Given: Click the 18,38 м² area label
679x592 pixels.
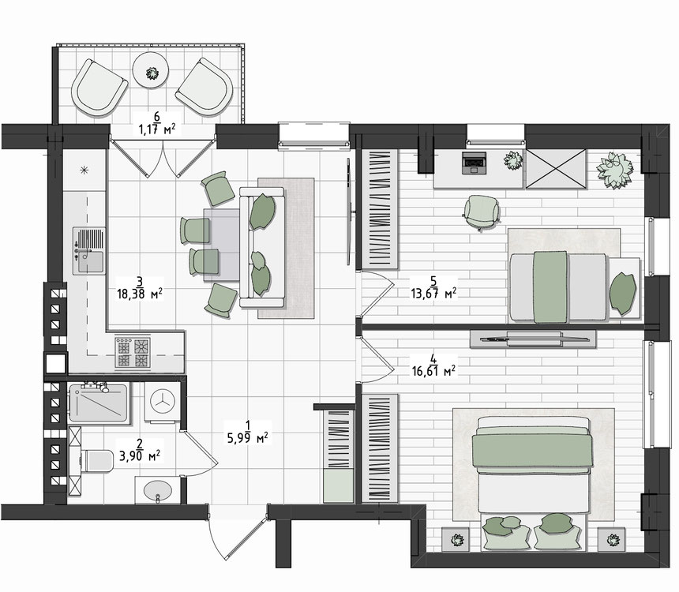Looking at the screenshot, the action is (x=140, y=294).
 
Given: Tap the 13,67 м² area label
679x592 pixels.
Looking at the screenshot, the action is (x=433, y=293).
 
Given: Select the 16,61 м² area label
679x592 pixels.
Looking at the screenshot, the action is (x=433, y=371).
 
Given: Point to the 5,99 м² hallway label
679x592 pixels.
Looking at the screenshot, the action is (x=248, y=438).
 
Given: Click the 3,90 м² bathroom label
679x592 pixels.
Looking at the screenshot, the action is (x=140, y=456).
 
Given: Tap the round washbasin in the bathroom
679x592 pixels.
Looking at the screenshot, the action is (x=158, y=492).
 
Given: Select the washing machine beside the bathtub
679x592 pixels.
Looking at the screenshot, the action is (x=163, y=402).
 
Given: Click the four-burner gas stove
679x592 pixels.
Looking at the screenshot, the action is (x=133, y=353).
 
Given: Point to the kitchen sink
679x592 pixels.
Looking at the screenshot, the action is (x=88, y=250).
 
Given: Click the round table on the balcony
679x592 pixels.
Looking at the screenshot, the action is (x=150, y=70).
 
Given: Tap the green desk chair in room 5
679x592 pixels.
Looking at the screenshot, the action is (x=482, y=212).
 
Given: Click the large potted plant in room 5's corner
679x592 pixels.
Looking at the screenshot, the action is (x=614, y=170).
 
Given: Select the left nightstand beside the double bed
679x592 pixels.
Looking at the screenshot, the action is (x=456, y=539).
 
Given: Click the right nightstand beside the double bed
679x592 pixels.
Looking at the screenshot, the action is (x=611, y=539).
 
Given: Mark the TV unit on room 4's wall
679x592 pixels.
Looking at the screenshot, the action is (x=533, y=339).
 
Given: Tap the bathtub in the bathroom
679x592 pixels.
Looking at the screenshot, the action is (x=99, y=403).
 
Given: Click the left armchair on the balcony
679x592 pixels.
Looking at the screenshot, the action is (x=99, y=88).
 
